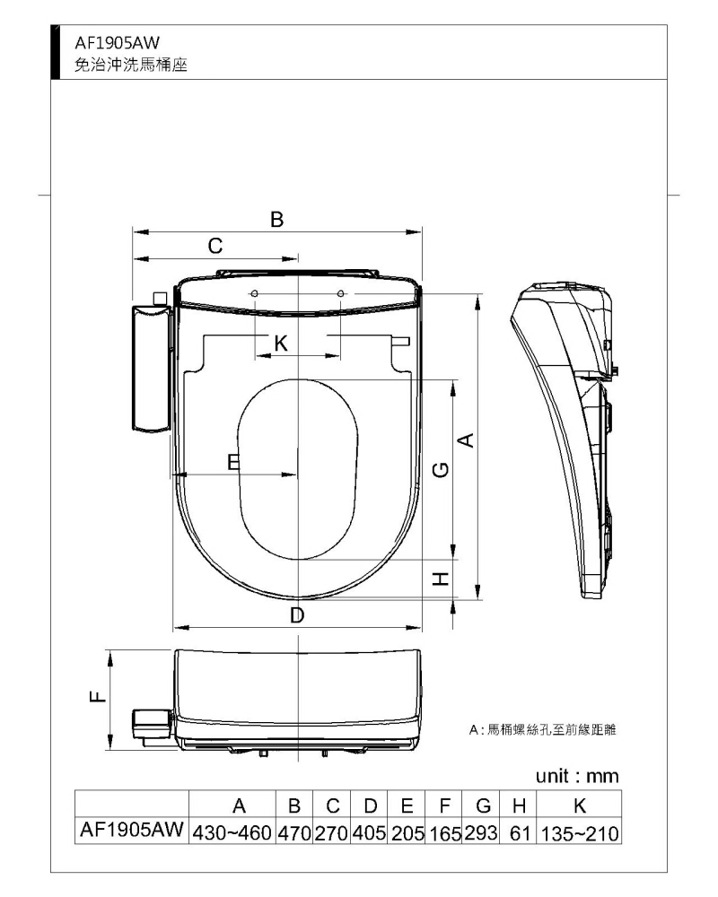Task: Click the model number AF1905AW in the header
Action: (x=117, y=43)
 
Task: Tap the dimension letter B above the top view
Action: (x=276, y=219)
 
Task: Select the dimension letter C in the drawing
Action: (x=215, y=246)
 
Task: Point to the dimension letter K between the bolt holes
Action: (x=281, y=344)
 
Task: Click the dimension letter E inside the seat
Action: (x=233, y=462)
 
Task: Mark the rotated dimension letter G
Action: (x=440, y=469)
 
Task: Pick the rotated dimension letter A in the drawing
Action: (x=467, y=440)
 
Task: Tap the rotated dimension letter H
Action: (x=440, y=579)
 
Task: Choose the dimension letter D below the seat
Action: (x=297, y=615)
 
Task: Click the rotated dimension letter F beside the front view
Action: (x=99, y=697)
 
